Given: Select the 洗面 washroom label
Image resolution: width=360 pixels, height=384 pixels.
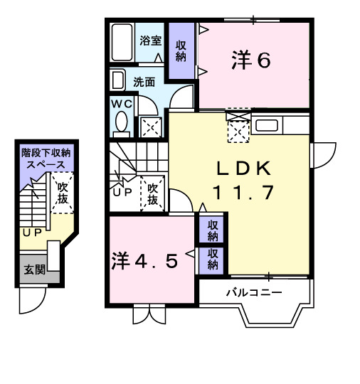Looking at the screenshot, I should (x=144, y=81).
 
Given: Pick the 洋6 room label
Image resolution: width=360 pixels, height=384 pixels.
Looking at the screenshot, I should (x=250, y=61).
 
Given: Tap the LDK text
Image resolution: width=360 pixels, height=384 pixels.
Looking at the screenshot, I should (x=243, y=169).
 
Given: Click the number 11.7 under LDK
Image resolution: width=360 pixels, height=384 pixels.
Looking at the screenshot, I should (x=243, y=193).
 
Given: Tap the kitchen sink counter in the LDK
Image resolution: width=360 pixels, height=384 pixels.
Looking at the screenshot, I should (x=268, y=124).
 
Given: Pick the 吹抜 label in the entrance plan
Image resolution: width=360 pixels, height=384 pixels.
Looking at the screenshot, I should (x=62, y=193).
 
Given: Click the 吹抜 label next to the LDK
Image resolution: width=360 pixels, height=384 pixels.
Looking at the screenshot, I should (x=152, y=194).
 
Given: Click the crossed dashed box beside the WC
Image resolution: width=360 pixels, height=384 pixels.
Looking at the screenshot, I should (x=150, y=127).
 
